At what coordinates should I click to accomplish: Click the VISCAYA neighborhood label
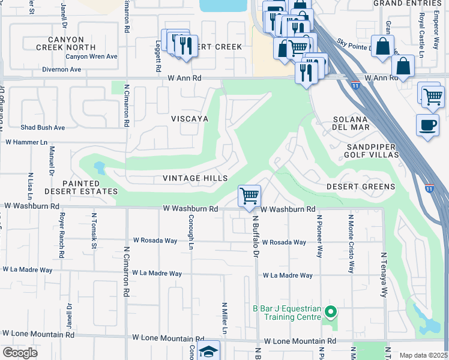coord(189,119)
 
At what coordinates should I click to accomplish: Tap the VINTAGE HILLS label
coord(196,178)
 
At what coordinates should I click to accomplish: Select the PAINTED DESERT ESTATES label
coord(81,187)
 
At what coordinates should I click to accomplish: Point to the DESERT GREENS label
coord(361,187)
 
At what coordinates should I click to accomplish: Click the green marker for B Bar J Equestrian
coord(330,312)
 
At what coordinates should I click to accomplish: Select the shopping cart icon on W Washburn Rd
coord(249,196)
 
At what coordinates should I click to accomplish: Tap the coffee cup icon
coord(427,125)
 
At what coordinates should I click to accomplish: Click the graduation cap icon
coord(208,352)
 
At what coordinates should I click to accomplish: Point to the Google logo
coord(19,353)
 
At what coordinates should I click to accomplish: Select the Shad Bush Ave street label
coord(43,128)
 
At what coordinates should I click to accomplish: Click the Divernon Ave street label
coord(62,70)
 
